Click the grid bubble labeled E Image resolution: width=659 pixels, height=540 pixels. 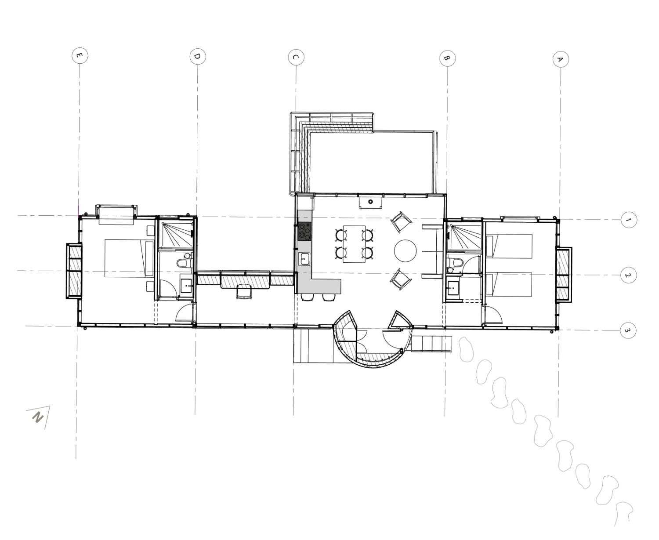(80, 56)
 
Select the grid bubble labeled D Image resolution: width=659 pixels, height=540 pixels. (198, 57)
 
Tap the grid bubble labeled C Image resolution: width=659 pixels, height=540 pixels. (296, 58)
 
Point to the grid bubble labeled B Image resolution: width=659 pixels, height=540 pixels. (447, 58)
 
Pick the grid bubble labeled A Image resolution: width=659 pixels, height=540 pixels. (561, 59)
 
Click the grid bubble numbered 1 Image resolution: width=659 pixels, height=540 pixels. (629, 220)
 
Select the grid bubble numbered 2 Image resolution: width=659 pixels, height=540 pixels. (628, 275)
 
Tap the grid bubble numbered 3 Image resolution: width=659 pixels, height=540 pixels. (628, 330)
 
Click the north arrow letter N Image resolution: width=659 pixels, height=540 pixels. (38, 417)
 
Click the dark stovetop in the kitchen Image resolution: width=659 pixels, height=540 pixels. (304, 232)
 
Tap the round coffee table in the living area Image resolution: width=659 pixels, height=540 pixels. (405, 250)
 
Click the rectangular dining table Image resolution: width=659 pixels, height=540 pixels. (355, 244)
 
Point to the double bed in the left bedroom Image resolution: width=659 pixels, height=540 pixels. (129, 258)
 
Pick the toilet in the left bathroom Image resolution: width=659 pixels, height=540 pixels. (185, 262)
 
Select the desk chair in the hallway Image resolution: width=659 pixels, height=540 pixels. (244, 292)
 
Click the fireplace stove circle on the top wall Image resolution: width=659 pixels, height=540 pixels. (370, 202)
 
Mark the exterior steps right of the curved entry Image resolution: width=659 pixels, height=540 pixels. (431, 344)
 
